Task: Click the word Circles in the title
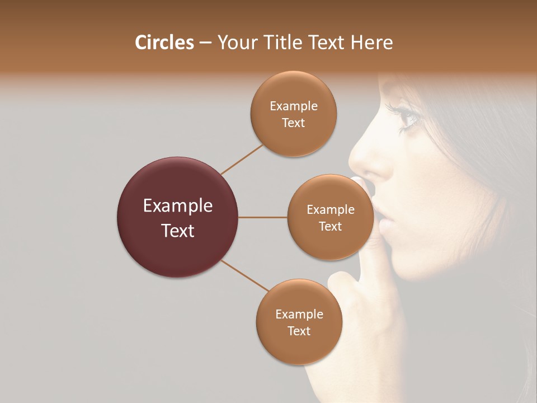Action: (164, 43)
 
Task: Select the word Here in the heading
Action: (372, 43)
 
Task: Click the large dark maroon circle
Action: (177, 217)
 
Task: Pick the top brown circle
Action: (294, 114)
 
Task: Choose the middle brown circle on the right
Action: (330, 217)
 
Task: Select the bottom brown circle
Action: (299, 322)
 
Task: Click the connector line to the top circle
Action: (242, 159)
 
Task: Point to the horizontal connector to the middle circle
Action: (263, 217)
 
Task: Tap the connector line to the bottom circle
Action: (245, 275)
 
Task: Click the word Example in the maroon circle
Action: (177, 206)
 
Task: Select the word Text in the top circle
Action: (294, 123)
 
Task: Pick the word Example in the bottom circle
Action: (299, 314)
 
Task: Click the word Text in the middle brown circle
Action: (330, 226)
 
